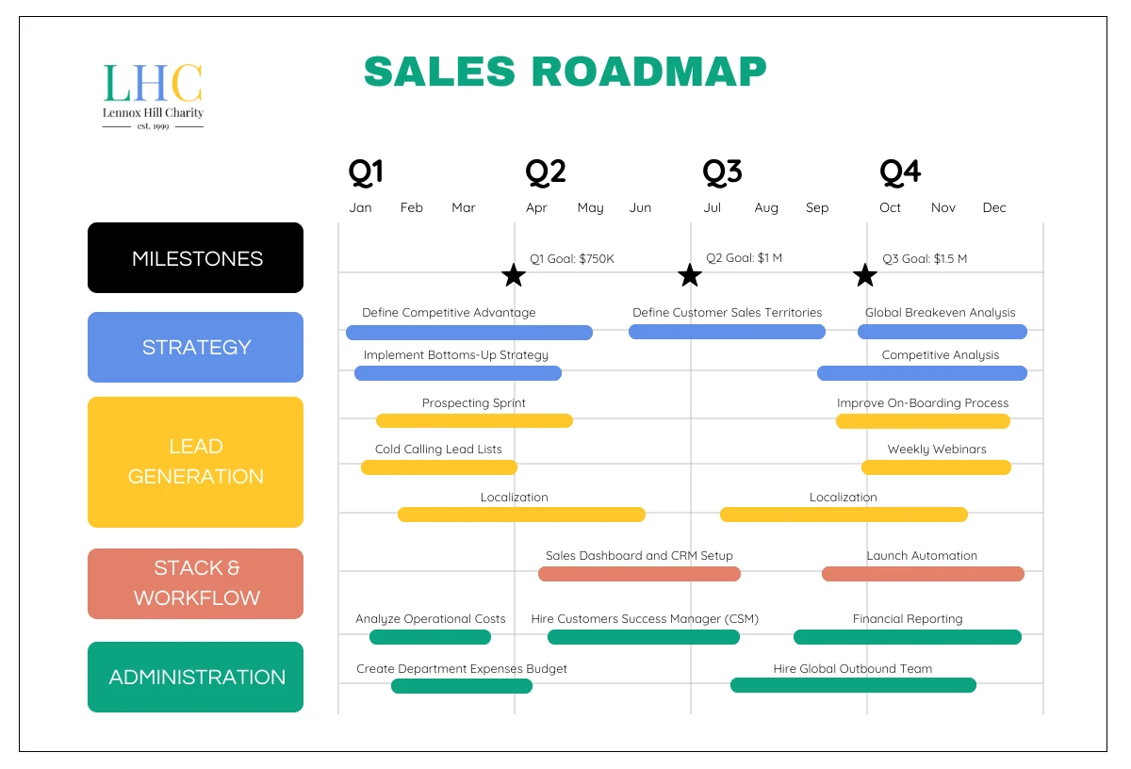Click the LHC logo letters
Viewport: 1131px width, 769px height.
point(153,83)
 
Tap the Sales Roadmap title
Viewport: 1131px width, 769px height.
point(565,72)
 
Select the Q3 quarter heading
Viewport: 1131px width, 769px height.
point(722,172)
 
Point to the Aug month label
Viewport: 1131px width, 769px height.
point(766,207)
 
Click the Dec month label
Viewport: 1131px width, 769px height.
point(994,207)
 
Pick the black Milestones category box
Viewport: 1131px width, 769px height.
point(196,258)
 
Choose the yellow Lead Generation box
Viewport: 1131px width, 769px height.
point(196,462)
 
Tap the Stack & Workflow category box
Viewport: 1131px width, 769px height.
point(196,583)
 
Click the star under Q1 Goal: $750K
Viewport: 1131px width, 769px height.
point(513,275)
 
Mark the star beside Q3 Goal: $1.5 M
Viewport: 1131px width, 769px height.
point(865,275)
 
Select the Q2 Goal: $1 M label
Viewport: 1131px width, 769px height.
point(744,258)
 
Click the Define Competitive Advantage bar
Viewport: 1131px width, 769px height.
point(468,333)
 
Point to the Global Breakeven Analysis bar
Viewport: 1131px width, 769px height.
point(942,332)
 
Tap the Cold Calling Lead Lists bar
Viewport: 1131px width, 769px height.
point(439,467)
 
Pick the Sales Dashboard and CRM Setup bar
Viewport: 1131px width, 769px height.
point(639,574)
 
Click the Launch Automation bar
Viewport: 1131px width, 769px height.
point(923,574)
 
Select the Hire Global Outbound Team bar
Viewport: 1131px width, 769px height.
point(853,685)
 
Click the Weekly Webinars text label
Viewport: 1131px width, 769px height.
point(937,450)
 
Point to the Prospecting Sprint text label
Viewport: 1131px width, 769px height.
point(474,403)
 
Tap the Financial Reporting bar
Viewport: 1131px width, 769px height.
point(908,637)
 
